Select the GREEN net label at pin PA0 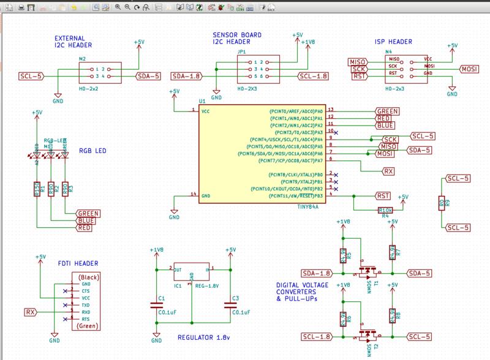tap(388, 111)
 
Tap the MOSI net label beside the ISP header tap(472, 69)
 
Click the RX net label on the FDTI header tap(29, 312)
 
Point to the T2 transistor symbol tap(367, 334)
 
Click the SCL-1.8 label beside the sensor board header tap(312, 77)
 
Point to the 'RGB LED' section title tap(92, 152)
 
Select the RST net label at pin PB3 tap(383, 196)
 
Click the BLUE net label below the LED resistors tap(85, 220)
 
